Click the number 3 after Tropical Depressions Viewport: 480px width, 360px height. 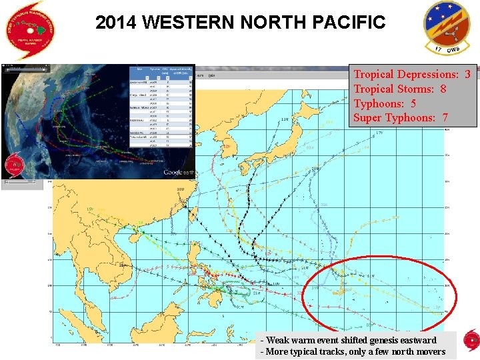tap(467, 74)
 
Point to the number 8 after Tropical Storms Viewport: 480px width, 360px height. tap(443, 89)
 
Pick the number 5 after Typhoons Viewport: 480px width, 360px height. tap(413, 103)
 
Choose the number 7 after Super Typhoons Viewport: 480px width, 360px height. tap(445, 118)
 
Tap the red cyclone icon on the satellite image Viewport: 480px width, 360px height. tap(14, 165)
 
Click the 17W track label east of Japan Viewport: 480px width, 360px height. tap(379, 133)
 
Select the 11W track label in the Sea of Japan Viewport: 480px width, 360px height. tap(285, 119)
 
